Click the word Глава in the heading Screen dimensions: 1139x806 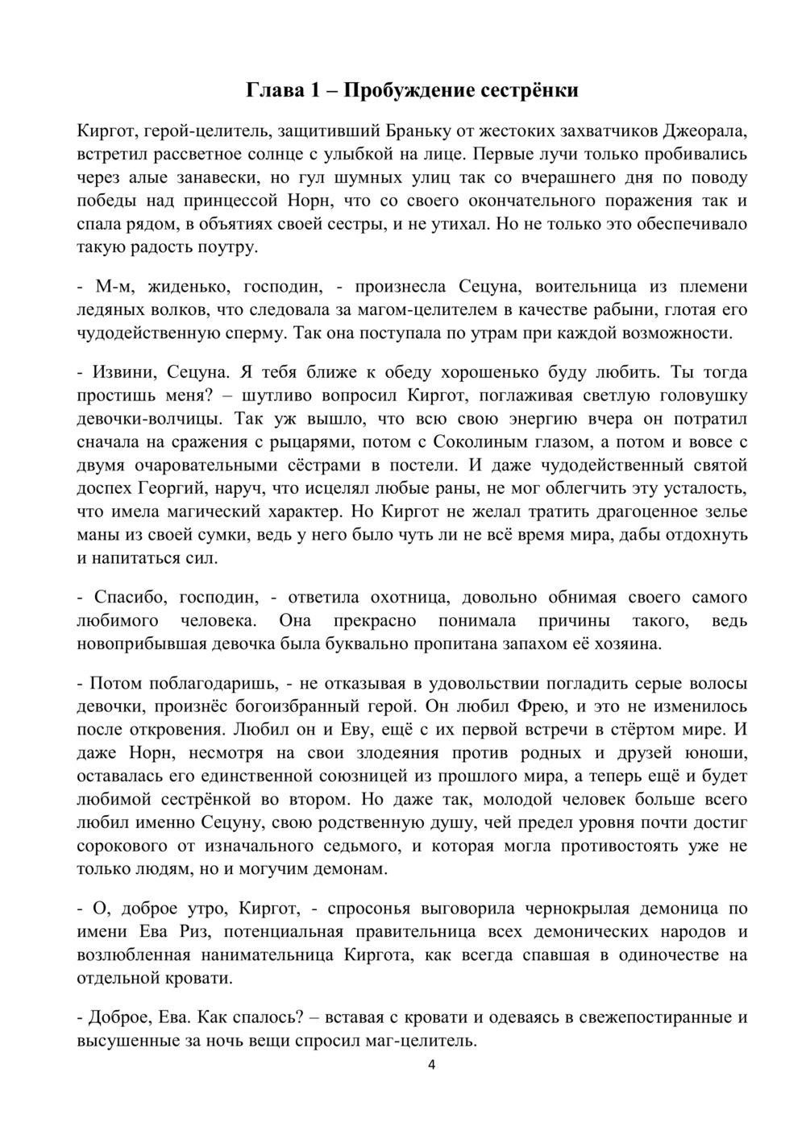[272, 89]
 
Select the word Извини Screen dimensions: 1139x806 [124, 372]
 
